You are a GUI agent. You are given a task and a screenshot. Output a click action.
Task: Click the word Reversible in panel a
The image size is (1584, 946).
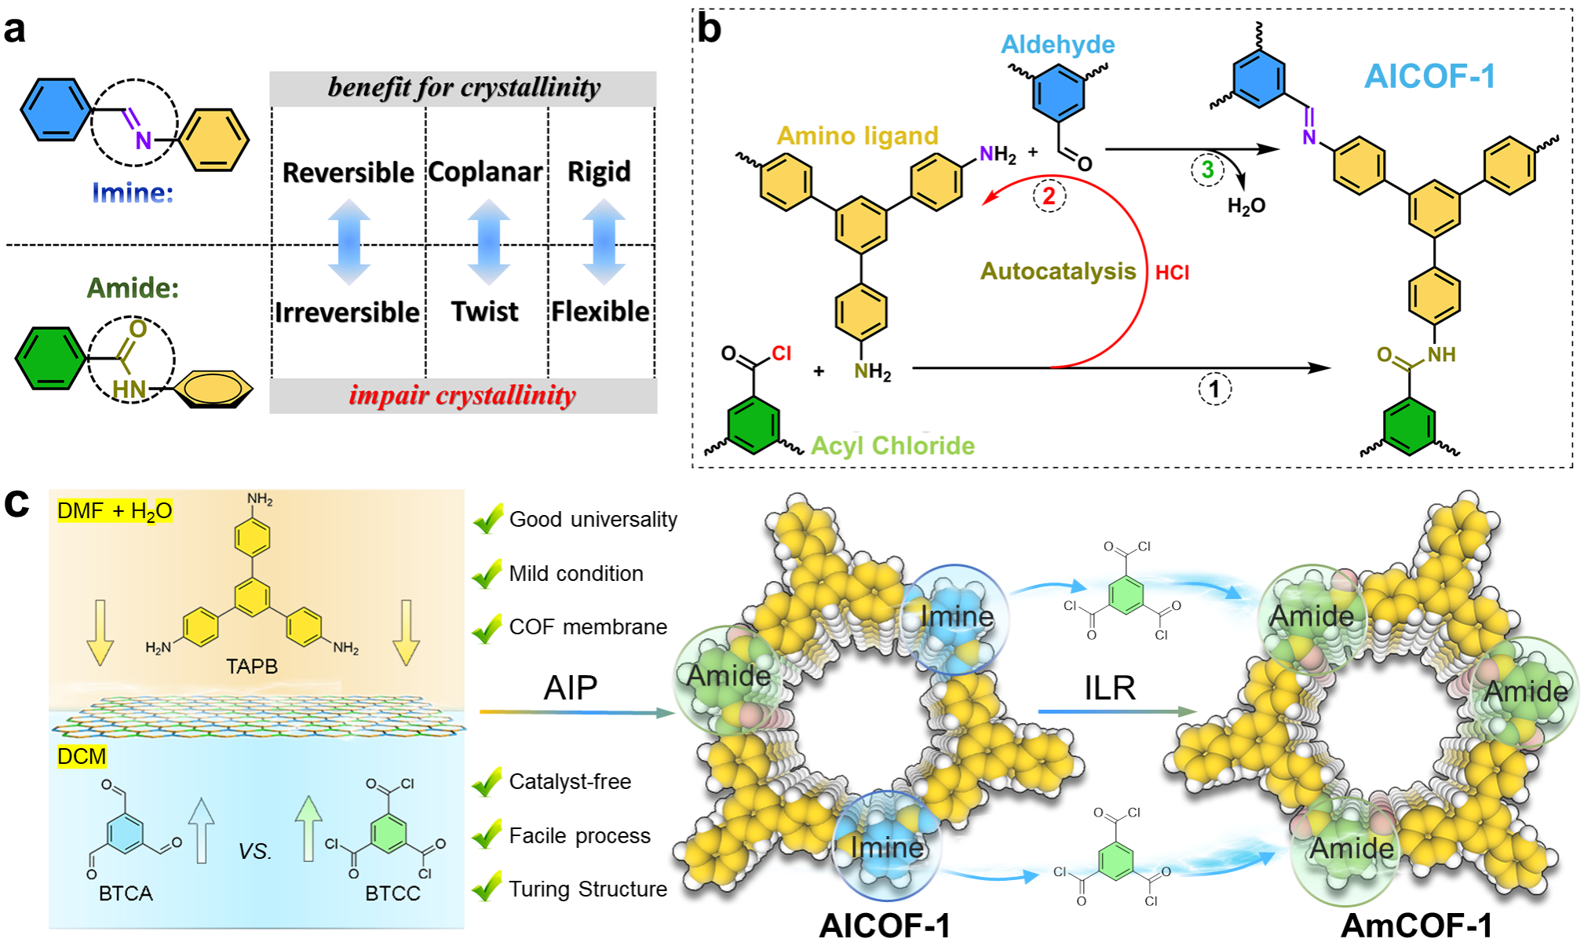pyautogui.click(x=348, y=173)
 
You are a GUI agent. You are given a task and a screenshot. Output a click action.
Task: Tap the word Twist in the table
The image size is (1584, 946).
pyautogui.click(x=484, y=312)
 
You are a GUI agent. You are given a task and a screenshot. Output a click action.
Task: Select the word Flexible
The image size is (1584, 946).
pyautogui.click(x=600, y=312)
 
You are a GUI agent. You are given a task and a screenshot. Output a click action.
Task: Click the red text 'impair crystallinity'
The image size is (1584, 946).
pyautogui.click(x=462, y=395)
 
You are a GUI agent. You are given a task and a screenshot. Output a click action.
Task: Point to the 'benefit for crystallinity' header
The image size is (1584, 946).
pyautogui.click(x=464, y=88)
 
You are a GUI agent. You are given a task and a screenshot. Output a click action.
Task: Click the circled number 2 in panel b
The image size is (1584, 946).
pyautogui.click(x=1049, y=196)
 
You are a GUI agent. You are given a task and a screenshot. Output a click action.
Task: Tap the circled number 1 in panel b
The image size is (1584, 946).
pyautogui.click(x=1214, y=389)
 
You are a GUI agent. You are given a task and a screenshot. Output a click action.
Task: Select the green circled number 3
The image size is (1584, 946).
pyautogui.click(x=1207, y=169)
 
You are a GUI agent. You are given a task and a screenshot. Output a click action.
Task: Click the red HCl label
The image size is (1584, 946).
pyautogui.click(x=1172, y=272)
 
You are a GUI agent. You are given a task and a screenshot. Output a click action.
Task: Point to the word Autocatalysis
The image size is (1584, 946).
pyautogui.click(x=1057, y=272)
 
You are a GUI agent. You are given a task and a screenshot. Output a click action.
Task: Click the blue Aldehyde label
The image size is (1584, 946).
pyautogui.click(x=1057, y=45)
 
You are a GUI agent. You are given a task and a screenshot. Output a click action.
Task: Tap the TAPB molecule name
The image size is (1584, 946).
pyautogui.click(x=251, y=667)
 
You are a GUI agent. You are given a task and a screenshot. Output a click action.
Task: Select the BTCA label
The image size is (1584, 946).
pyautogui.click(x=126, y=894)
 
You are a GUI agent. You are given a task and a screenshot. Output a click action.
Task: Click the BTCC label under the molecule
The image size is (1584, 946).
pyautogui.click(x=392, y=894)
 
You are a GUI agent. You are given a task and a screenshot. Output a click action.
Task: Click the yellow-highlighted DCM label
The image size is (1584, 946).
pyautogui.click(x=82, y=757)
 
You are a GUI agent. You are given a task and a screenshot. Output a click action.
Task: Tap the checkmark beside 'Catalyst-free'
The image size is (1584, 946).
pyautogui.click(x=487, y=782)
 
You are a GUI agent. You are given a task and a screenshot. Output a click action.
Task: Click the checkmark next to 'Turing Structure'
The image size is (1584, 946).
pyautogui.click(x=487, y=889)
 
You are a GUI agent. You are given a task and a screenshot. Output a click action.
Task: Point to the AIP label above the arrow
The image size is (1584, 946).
pyautogui.click(x=571, y=688)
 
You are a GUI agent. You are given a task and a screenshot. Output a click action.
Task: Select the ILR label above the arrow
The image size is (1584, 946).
pyautogui.click(x=1110, y=688)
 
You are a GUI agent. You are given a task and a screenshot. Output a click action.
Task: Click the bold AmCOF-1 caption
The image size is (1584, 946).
pyautogui.click(x=1417, y=926)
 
